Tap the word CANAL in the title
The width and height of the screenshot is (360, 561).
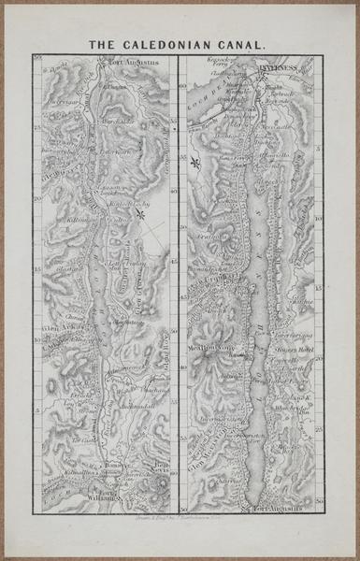[244, 43]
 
